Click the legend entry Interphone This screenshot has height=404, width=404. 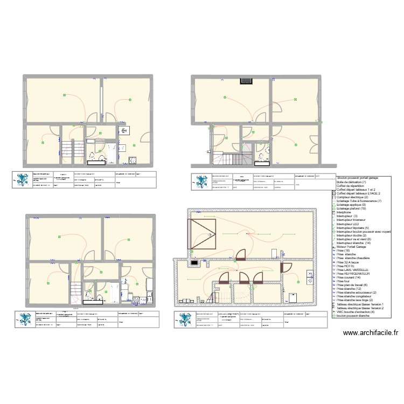coord(345,212)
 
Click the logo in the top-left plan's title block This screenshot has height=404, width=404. coord(23,179)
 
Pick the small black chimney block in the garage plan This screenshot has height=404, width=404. coord(193,263)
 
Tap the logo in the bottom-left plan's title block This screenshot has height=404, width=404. coord(25,319)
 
